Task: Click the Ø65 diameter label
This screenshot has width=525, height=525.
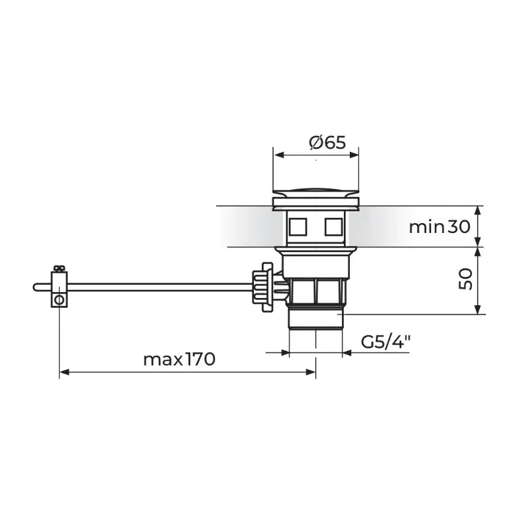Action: pyautogui.click(x=327, y=142)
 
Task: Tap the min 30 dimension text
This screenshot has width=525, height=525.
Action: pyautogui.click(x=440, y=227)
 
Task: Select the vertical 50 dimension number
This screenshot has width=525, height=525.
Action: pyautogui.click(x=466, y=279)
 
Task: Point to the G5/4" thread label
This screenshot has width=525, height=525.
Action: pyautogui.click(x=386, y=342)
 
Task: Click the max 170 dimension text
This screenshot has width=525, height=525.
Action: pyautogui.click(x=179, y=360)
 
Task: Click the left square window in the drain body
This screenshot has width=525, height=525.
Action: pyautogui.click(x=298, y=226)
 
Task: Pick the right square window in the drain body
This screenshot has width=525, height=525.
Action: pyautogui.click(x=333, y=226)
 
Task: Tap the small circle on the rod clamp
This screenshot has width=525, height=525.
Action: pyautogui.click(x=59, y=300)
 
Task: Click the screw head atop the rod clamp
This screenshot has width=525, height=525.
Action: pyautogui.click(x=59, y=268)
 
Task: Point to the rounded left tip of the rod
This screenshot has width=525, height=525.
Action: pyautogui.click(x=35, y=287)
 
